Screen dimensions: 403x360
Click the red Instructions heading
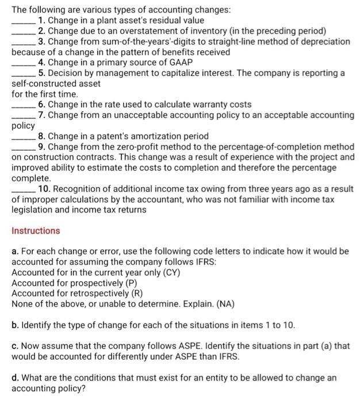pyautogui.click(x=36, y=231)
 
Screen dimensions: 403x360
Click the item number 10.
pyautogui.click(x=44, y=189)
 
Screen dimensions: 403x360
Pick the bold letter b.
pyautogui.click(x=15, y=325)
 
